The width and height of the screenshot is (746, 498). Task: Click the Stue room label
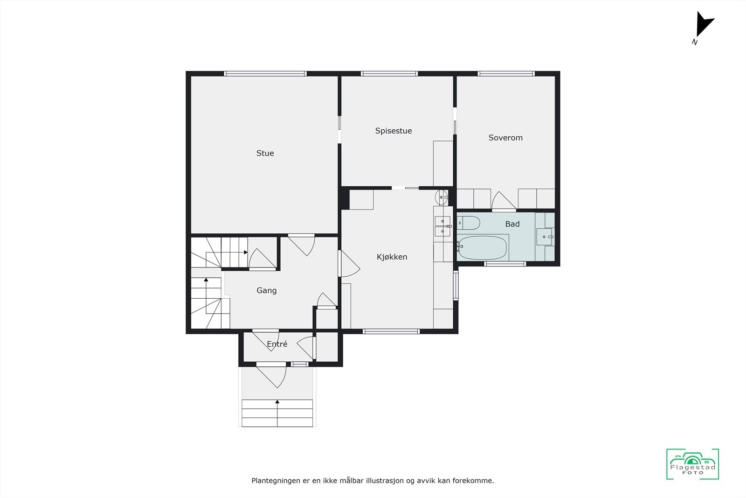(x=265, y=153)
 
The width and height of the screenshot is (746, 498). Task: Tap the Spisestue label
(x=394, y=131)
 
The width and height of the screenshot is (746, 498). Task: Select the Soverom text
(x=505, y=138)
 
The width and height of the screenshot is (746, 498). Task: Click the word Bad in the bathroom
(x=512, y=224)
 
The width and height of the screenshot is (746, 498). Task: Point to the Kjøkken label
(x=392, y=257)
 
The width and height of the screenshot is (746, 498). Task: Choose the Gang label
(x=266, y=290)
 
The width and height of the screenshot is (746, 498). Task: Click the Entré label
(x=277, y=344)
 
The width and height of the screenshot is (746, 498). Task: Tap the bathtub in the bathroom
(x=482, y=247)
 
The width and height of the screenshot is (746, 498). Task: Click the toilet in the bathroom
(x=468, y=223)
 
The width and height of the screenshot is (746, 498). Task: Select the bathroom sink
(x=544, y=236)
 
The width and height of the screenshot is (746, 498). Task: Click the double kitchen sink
(x=442, y=225)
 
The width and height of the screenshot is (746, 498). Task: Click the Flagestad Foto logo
(x=692, y=464)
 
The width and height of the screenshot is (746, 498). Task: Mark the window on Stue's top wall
(x=265, y=74)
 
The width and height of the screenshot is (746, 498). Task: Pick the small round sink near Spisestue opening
(x=441, y=195)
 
